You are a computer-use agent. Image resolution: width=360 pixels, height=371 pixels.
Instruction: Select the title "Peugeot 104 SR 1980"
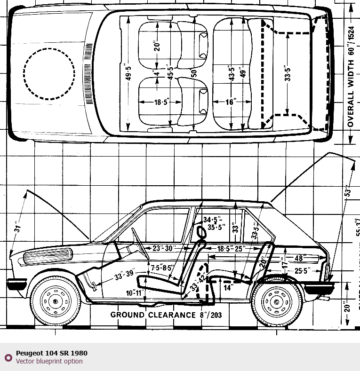51,353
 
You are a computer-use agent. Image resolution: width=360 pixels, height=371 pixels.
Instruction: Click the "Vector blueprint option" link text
49,361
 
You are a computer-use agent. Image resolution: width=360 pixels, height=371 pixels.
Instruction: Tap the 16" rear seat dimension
230,102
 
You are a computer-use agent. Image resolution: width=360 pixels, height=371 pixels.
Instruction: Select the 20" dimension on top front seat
157,46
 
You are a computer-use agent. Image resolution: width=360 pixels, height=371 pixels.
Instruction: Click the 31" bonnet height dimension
18,228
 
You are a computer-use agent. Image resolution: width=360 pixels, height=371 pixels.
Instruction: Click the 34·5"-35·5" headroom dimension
214,223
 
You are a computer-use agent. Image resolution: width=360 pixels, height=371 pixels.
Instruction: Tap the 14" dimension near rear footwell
229,288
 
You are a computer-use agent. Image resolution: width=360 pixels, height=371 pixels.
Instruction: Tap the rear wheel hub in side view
276,301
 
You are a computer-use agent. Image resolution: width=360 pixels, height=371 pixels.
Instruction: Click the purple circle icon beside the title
8,357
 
